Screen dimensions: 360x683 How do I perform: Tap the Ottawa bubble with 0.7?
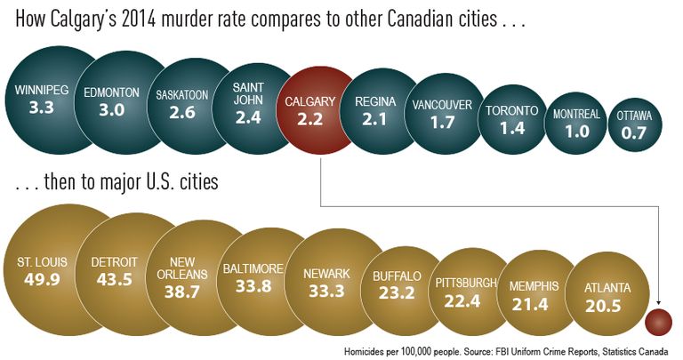(633, 124)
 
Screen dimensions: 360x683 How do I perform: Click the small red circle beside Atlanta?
(659, 321)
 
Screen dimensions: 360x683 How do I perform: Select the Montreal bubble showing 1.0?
(576, 124)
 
